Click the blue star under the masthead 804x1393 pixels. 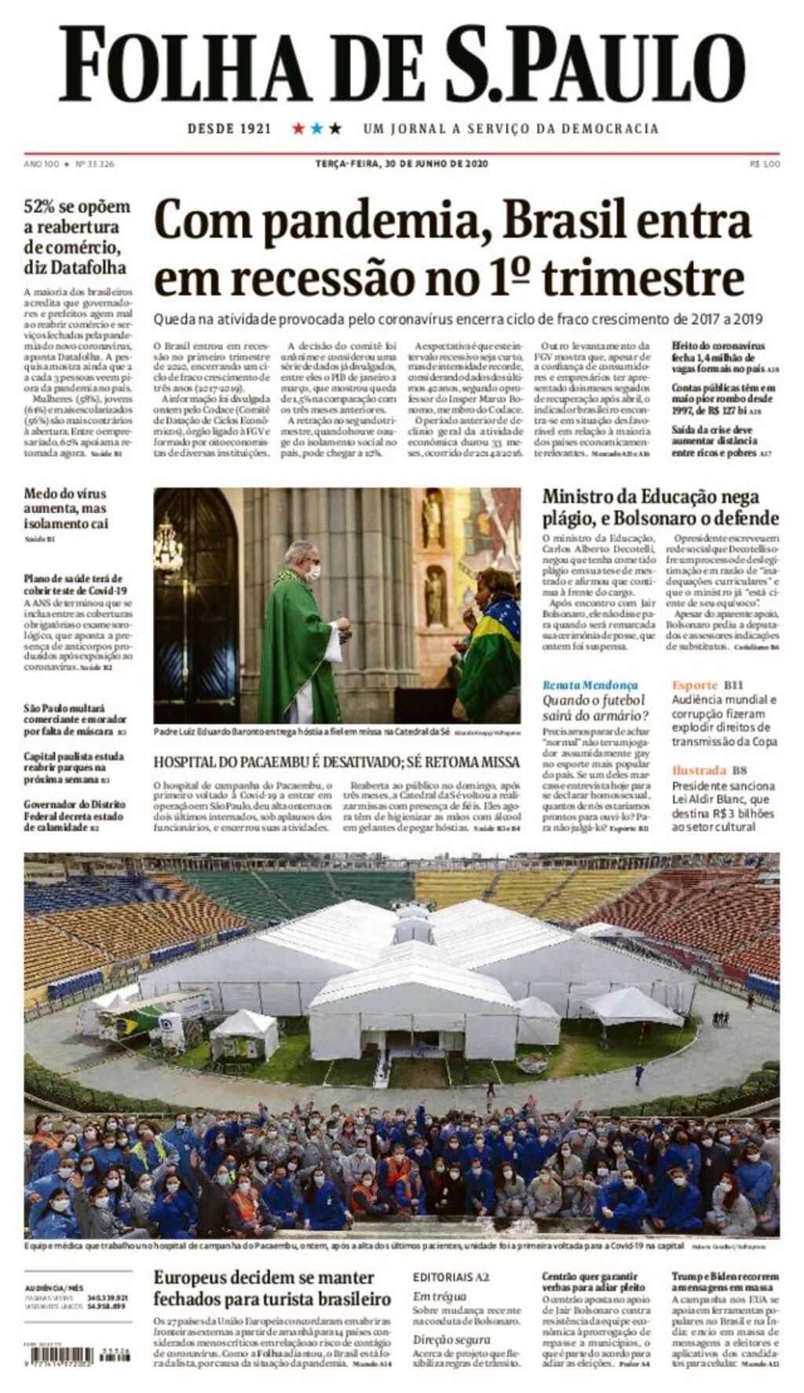(x=316, y=128)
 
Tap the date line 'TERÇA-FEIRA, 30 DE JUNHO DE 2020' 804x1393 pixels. (x=401, y=163)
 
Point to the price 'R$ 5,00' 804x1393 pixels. (x=765, y=163)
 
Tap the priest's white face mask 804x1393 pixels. (x=312, y=574)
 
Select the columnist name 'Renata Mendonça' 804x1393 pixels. (x=590, y=684)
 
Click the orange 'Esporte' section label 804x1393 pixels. (x=695, y=684)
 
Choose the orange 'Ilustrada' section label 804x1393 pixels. (x=699, y=770)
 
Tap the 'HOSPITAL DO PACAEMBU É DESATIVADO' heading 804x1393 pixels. (x=336, y=761)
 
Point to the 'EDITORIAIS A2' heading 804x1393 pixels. (x=451, y=1277)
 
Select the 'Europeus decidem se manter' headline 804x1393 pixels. (x=263, y=1278)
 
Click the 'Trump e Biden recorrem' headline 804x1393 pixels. (x=725, y=1277)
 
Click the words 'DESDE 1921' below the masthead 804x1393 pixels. (x=228, y=128)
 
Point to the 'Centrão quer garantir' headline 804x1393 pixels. (x=590, y=1277)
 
